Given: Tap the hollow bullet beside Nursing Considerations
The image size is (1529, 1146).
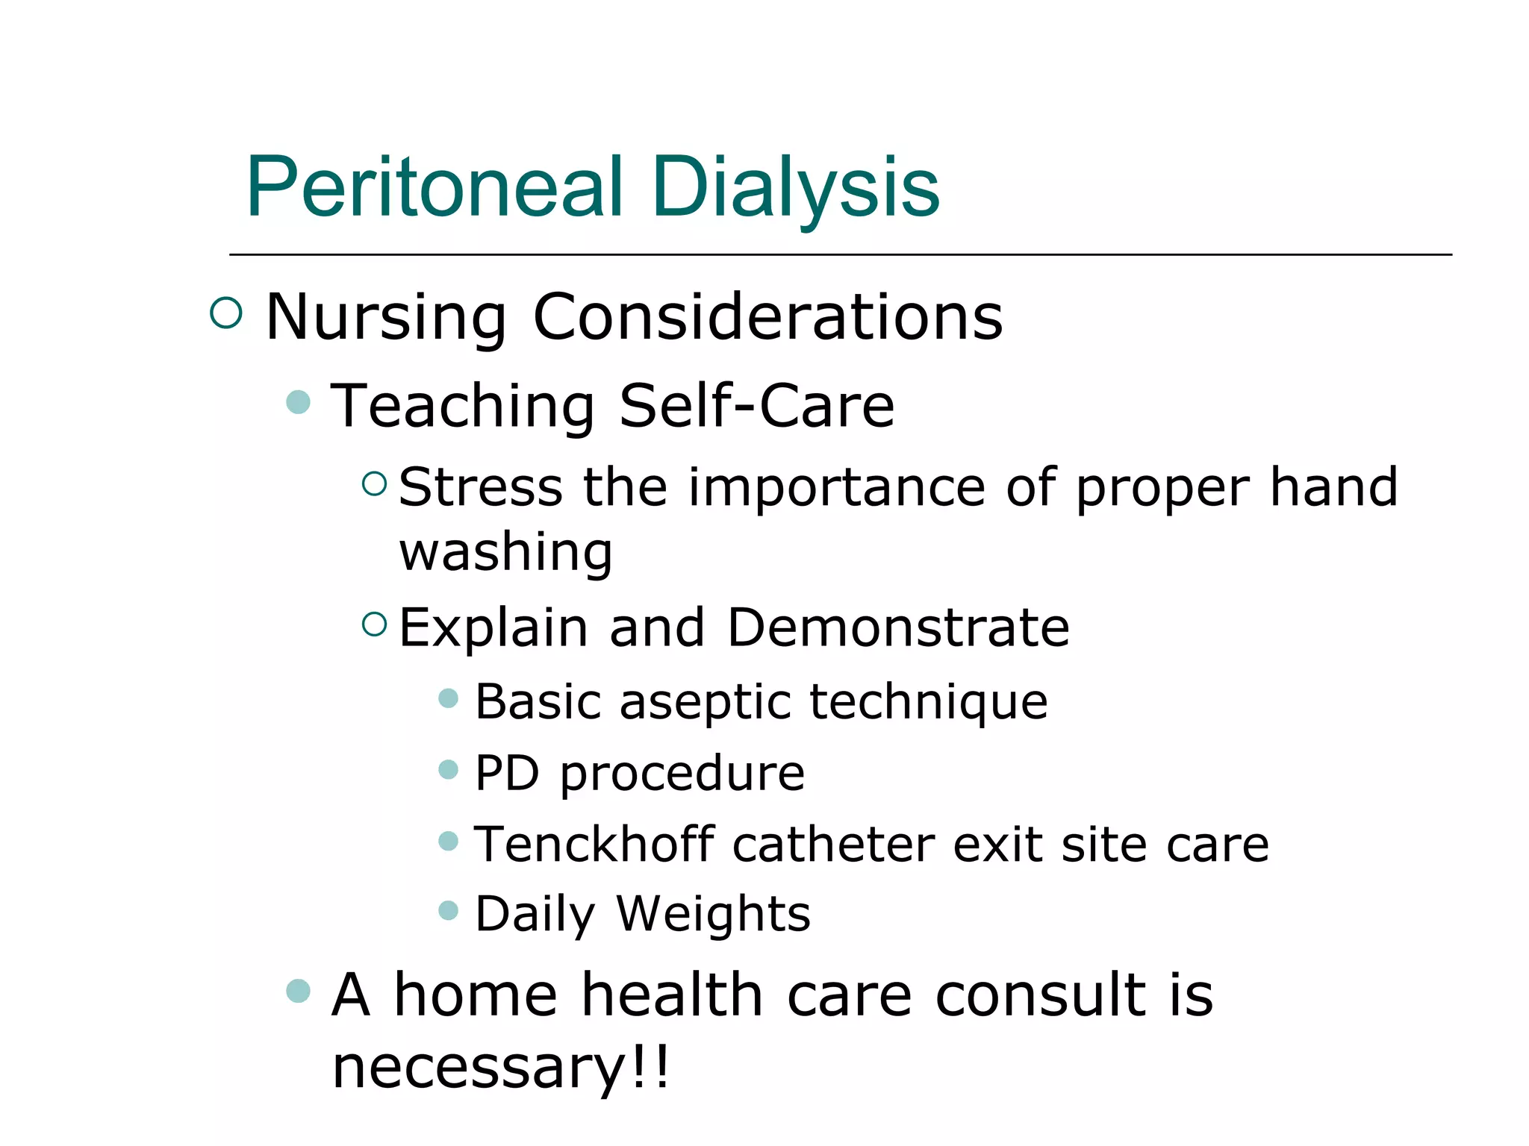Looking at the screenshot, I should (226, 313).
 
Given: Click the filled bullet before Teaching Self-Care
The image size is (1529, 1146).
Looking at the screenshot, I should (299, 402).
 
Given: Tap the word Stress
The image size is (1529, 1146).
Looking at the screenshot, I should (481, 486).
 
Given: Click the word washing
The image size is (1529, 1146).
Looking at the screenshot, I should (505, 552).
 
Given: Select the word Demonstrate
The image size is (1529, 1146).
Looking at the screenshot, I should (898, 627).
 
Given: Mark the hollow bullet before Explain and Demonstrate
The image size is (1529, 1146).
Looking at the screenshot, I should (374, 624).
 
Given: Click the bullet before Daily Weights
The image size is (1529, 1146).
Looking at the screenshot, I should (448, 910).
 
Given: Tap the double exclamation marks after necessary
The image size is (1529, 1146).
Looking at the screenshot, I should (650, 1067).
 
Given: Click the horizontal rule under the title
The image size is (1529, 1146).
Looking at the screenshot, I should (840, 255).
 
